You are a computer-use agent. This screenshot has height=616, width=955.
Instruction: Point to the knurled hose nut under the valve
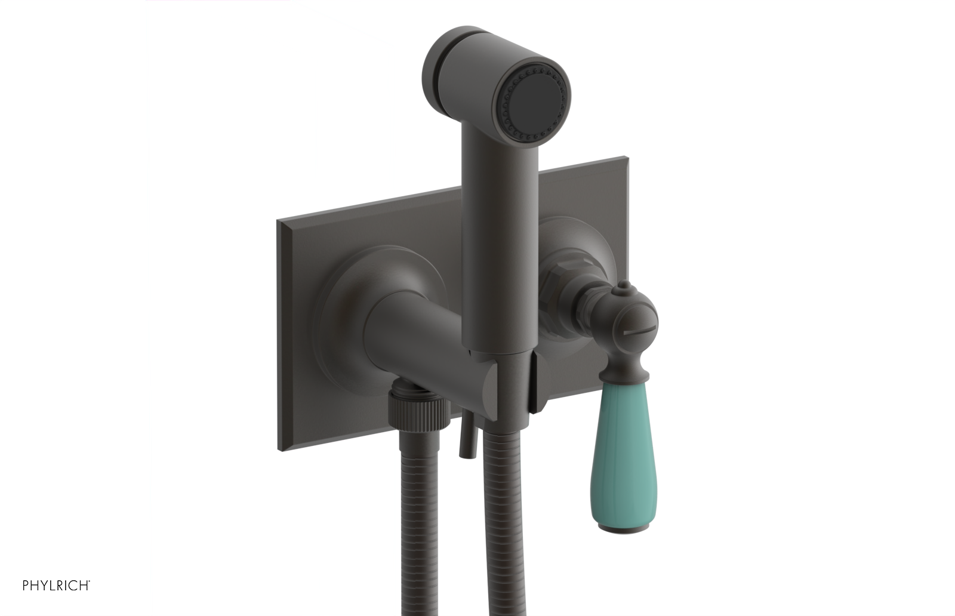click(x=418, y=411)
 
